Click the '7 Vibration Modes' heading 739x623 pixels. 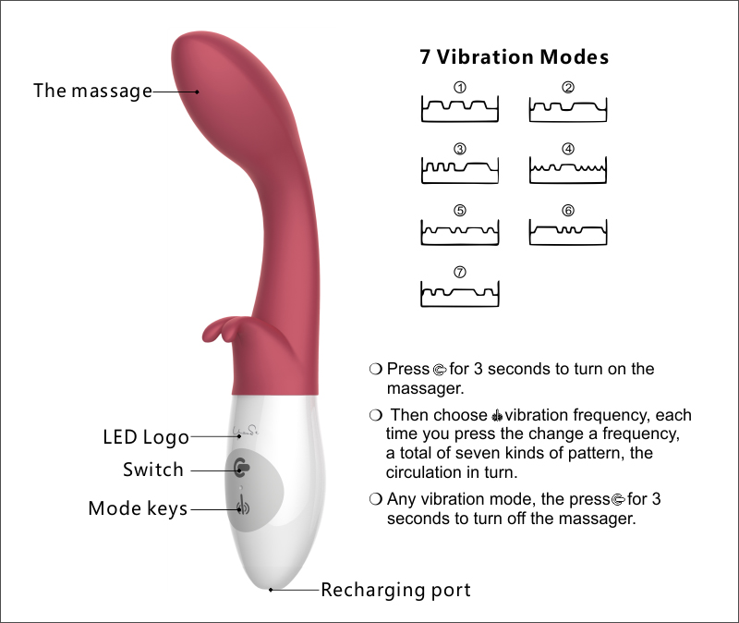tap(514, 57)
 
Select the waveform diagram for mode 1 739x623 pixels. tap(460, 109)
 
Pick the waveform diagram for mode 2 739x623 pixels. tap(568, 109)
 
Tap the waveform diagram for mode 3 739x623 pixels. tap(460, 170)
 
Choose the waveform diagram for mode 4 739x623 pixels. tap(568, 170)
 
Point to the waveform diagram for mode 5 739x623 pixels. tap(460, 231)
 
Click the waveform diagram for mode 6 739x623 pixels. tap(568, 231)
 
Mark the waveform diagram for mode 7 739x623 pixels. tap(460, 293)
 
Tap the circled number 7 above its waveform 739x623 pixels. tap(460, 272)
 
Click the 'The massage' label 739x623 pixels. tap(92, 91)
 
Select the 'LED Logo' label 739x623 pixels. tap(145, 436)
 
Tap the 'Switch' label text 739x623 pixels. tap(153, 470)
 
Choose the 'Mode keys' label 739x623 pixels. tap(138, 508)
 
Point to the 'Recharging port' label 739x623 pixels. tap(395, 590)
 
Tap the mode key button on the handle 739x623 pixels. tap(242, 507)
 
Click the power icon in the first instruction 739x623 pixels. tap(440, 370)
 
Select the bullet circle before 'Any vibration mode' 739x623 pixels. tap(375, 499)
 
